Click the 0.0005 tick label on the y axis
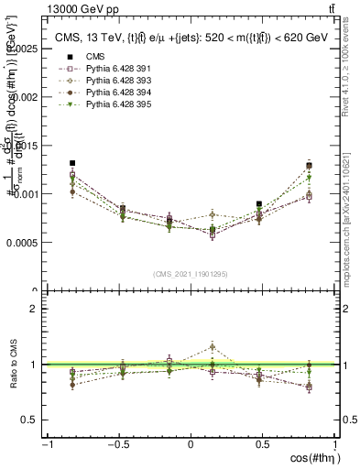[23, 243]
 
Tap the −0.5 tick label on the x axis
[118, 444]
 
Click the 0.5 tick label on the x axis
[263, 444]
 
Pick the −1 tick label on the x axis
[46, 444]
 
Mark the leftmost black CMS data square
[72, 163]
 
